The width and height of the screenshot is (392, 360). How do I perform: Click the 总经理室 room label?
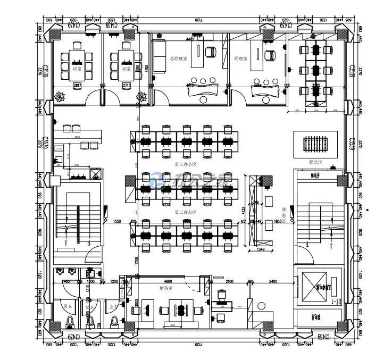coord(179,58)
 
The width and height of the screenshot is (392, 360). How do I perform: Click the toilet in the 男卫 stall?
coord(70,322)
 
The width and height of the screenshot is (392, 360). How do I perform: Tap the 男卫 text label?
coord(68,307)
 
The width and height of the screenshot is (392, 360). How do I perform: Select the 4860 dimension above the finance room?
coord(168,281)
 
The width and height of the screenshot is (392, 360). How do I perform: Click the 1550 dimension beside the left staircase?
coord(117,221)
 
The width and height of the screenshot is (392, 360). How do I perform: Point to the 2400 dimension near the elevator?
coord(273,281)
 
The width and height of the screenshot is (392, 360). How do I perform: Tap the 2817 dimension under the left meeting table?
coord(77,85)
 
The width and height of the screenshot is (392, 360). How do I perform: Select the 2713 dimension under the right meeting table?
coord(127,85)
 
